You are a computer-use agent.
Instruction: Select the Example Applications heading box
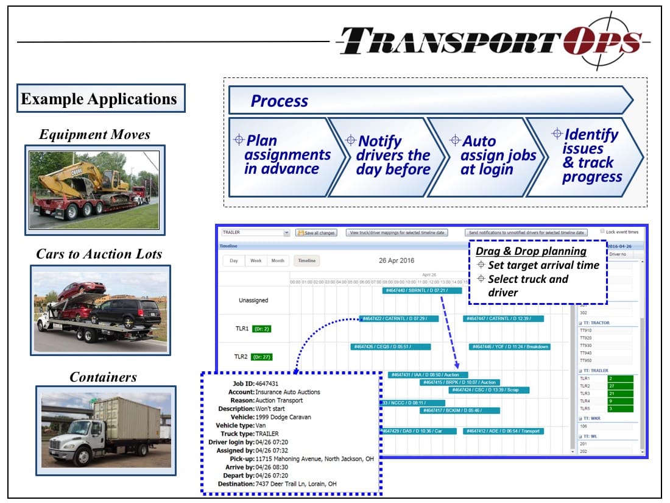tap(100, 99)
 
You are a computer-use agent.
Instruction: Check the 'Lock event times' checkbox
tap(602, 232)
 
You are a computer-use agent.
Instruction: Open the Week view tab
tap(256, 261)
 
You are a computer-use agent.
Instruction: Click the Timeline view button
tap(306, 261)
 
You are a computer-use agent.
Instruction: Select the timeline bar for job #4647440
tap(416, 291)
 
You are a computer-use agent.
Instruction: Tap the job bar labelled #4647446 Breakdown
tap(509, 347)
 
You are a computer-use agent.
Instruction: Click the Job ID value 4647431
tap(267, 383)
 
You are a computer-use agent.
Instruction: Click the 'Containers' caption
tap(104, 377)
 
